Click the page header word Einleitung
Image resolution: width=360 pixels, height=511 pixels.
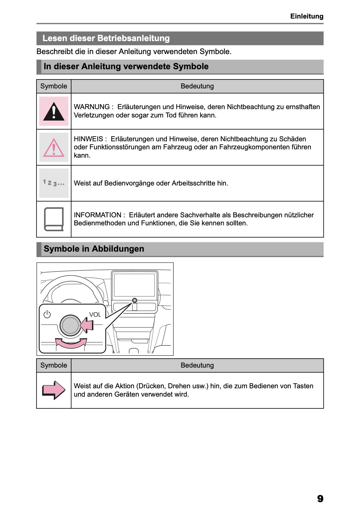coord(307,16)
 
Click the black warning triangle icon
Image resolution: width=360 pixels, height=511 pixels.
coord(54,112)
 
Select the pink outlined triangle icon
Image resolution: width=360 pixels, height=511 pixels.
coord(54,147)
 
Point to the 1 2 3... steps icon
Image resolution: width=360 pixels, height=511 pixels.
coord(54,183)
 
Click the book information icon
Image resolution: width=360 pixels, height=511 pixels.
coord(54,219)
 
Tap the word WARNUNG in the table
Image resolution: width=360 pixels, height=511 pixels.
coord(91,107)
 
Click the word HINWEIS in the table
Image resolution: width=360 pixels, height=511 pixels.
coord(88,139)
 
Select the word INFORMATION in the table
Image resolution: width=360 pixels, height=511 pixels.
coord(97,215)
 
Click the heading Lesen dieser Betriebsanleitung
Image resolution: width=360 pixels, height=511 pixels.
coord(106,38)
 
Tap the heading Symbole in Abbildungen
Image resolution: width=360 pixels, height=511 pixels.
coord(94,249)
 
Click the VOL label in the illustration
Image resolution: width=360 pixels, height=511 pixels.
coord(95,315)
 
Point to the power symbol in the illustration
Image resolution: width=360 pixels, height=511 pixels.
coord(47,314)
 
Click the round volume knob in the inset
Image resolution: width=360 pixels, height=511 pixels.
coord(70,326)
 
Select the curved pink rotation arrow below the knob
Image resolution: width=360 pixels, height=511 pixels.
coord(71,343)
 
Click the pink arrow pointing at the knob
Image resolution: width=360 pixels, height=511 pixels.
coord(87,326)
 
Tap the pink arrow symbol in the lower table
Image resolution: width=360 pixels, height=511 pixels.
coord(54,390)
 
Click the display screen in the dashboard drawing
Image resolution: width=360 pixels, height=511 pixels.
coord(134,285)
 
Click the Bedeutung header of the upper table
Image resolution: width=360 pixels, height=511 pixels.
coord(197,86)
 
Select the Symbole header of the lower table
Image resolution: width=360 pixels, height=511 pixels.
coord(54,365)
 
